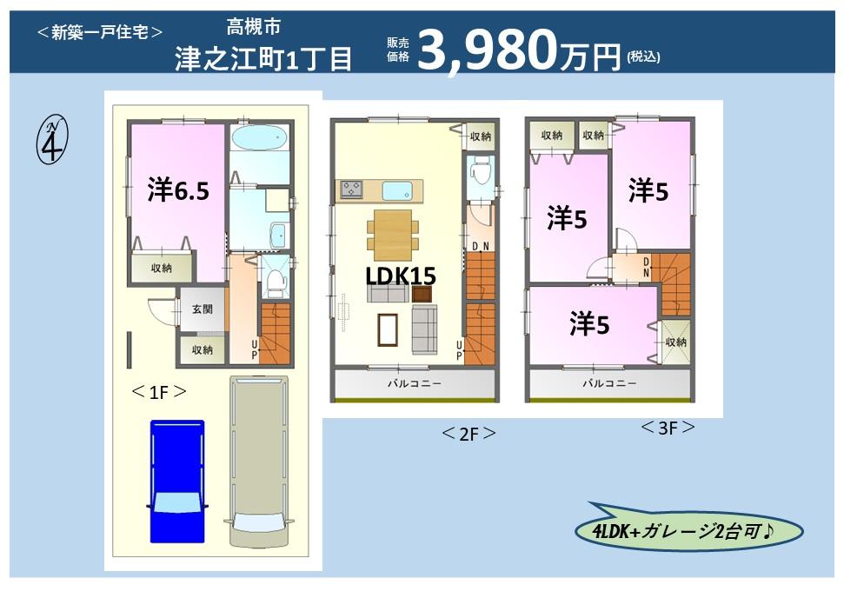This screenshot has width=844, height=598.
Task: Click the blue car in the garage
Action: [177, 479]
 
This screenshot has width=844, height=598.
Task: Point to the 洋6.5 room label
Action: [178, 190]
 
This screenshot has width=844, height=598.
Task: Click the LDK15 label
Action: [400, 276]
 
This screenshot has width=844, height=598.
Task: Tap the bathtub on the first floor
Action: [259, 140]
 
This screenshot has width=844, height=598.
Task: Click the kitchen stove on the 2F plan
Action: [352, 189]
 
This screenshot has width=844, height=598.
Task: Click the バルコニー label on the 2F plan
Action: [415, 383]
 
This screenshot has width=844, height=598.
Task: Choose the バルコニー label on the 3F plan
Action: [609, 383]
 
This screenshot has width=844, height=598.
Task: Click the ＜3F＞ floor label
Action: [668, 428]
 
